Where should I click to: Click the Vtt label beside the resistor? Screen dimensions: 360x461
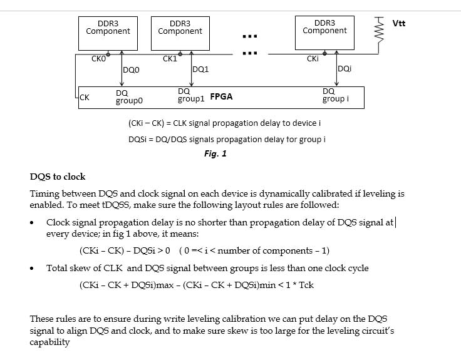[398, 24]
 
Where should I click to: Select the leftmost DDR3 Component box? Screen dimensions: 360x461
[108, 33]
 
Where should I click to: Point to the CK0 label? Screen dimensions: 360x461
[99, 59]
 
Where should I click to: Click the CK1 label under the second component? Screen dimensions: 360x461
[170, 59]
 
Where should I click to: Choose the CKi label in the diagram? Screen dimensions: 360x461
[313, 59]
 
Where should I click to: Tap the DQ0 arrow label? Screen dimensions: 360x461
[132, 70]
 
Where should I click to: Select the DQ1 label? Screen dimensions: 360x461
[200, 69]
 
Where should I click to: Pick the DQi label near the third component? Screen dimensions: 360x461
[344, 69]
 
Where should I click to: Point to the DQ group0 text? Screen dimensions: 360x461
[129, 96]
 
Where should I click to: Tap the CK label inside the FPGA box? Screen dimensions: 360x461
[85, 97]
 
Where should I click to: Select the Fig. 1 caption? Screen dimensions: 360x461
[215, 153]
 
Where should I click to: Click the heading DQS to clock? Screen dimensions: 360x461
[58, 177]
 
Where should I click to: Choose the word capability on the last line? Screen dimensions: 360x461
[51, 342]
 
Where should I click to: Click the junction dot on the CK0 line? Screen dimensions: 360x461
[108, 54]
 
